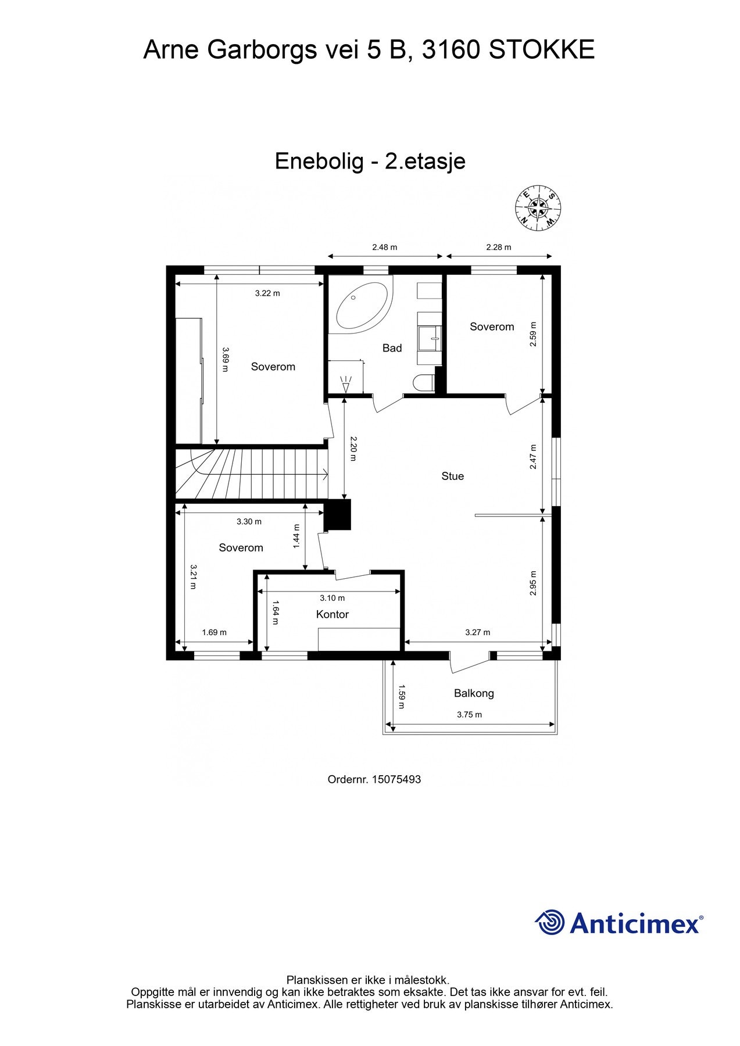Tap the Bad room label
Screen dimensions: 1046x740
click(392, 348)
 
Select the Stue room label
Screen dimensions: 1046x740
click(452, 477)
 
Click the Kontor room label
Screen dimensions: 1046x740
click(332, 615)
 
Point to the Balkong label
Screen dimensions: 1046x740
click(474, 693)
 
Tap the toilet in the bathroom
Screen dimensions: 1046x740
click(423, 383)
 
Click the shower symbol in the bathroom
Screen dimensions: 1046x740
click(346, 383)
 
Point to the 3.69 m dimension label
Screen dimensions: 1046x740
click(226, 355)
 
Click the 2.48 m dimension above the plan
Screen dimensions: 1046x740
click(384, 248)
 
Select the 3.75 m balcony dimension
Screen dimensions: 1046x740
click(469, 715)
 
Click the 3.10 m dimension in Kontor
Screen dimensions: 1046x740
click(332, 598)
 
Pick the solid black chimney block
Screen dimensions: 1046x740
click(338, 515)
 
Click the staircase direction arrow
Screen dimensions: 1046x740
click(323, 475)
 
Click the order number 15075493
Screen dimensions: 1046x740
click(397, 780)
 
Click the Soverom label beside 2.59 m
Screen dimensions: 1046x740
click(492, 327)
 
